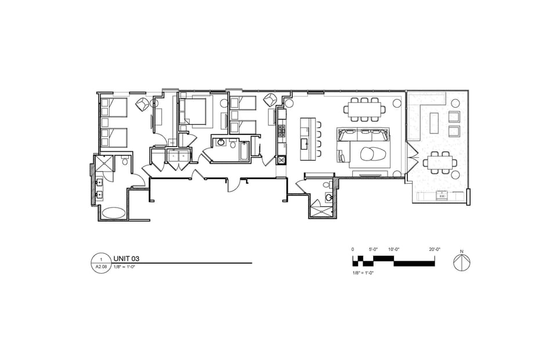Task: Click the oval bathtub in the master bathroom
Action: click(113, 213)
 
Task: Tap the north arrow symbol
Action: click(462, 262)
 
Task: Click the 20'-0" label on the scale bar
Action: click(435, 249)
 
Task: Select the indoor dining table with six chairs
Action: click(364, 108)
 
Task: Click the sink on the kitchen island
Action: click(303, 143)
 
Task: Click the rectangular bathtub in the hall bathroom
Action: click(244, 151)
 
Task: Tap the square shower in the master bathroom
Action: click(106, 165)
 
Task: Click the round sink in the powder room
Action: click(330, 198)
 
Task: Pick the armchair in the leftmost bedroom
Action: click(142, 104)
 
